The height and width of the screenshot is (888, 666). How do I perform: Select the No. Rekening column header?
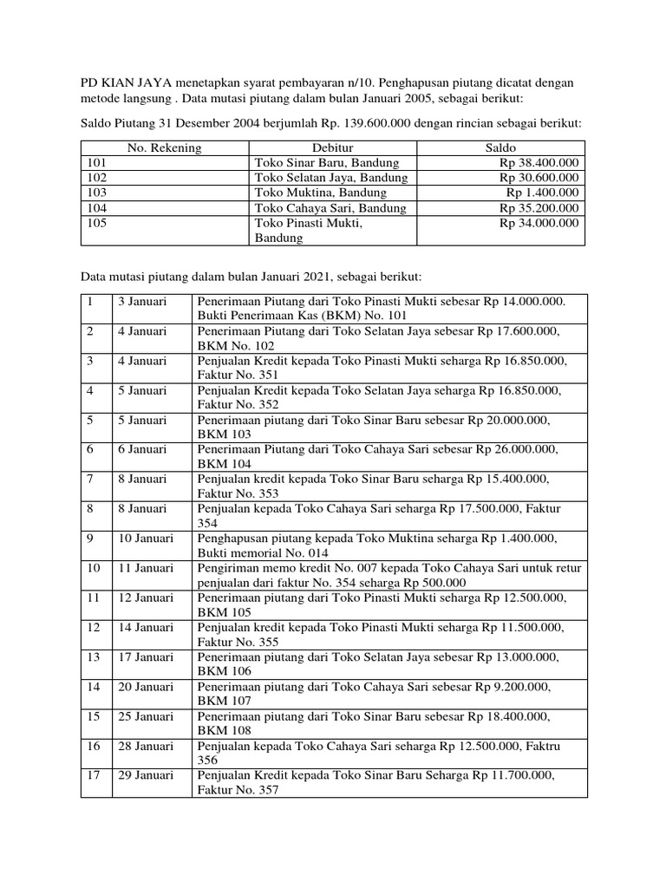click(x=164, y=147)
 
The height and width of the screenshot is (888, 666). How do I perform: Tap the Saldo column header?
click(x=501, y=147)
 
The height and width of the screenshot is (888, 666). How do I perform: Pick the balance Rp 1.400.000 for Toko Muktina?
click(x=544, y=193)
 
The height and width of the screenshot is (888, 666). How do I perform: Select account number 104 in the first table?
click(x=96, y=208)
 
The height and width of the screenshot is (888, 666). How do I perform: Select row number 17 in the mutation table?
click(x=91, y=774)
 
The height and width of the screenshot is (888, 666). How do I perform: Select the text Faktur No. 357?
click(x=238, y=790)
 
